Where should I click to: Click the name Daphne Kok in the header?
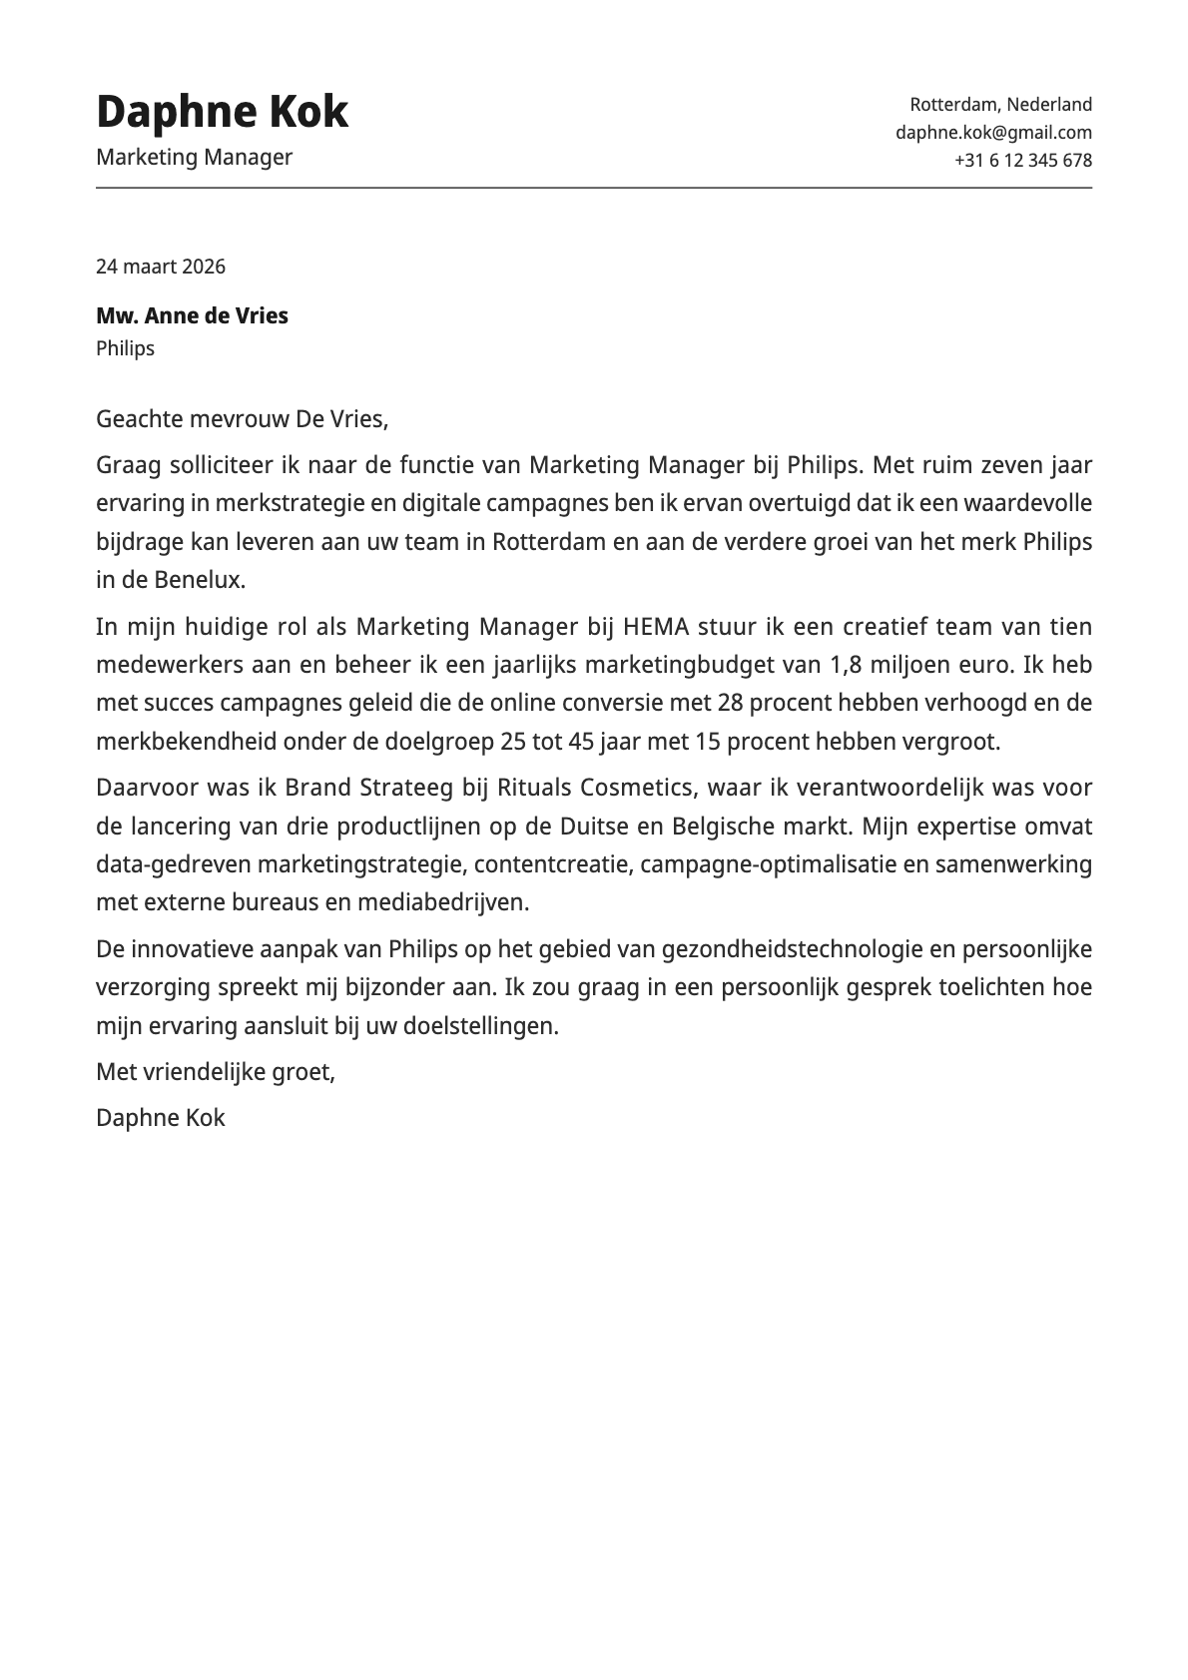(222, 112)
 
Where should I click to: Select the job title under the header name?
(194, 157)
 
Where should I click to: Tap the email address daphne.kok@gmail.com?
(993, 132)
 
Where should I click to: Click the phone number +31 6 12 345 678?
(1022, 160)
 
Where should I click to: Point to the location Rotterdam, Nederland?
(1000, 104)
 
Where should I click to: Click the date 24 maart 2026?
(161, 267)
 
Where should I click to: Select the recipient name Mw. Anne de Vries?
(192, 316)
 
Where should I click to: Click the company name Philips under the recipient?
(125, 348)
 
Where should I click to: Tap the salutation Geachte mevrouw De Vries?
(242, 419)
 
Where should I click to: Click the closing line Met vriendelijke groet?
(216, 1072)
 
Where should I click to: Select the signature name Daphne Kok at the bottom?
(161, 1118)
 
